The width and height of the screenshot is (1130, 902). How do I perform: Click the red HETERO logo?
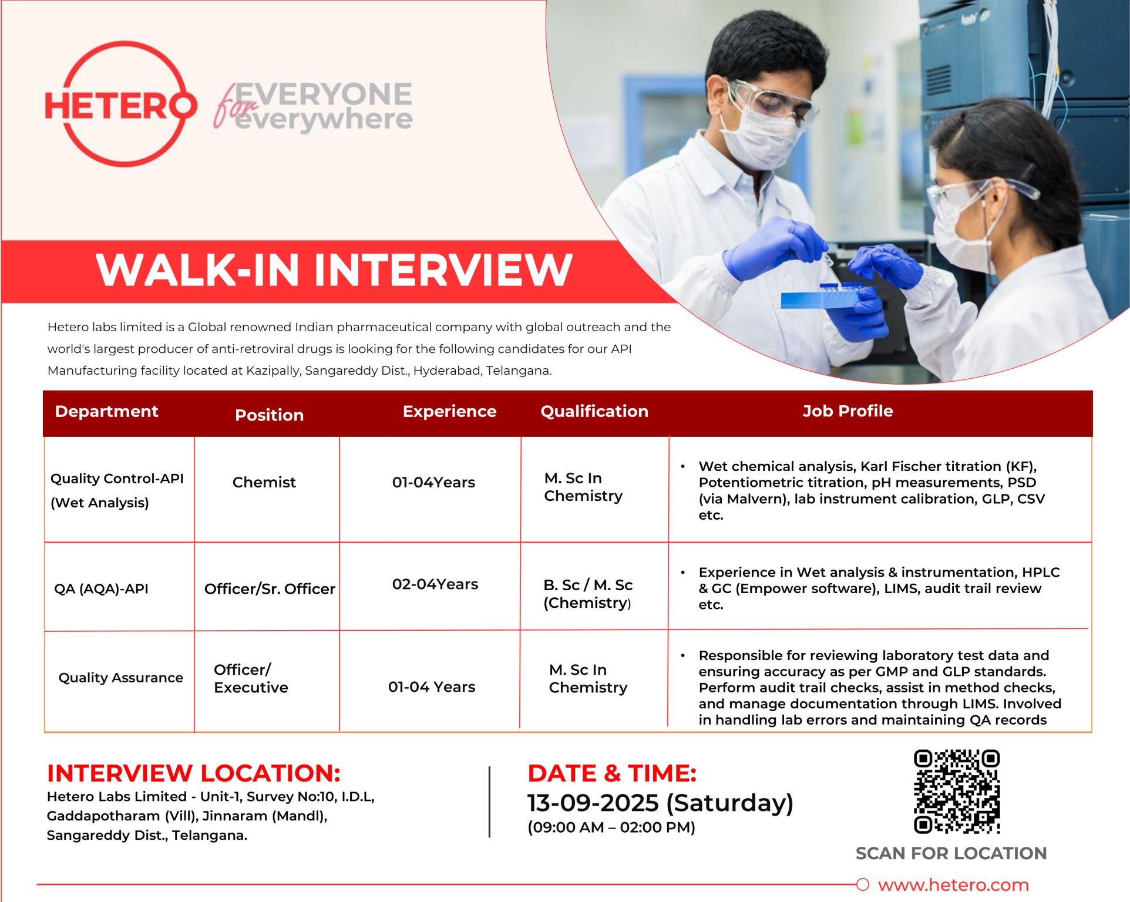pos(120,104)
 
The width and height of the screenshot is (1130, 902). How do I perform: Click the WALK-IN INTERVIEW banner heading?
pos(334,270)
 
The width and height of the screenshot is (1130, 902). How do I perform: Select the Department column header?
pos(106,411)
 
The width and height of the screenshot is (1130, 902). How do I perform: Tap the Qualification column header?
pos(594,411)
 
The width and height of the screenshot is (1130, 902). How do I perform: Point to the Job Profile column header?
pos(847,411)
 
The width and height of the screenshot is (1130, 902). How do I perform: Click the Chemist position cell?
pos(264,482)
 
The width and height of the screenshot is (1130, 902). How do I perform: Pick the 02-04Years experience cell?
pos(435,584)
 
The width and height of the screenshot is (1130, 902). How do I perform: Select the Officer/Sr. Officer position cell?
pos(270,588)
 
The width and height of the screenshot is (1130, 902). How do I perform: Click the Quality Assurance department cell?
pos(120,678)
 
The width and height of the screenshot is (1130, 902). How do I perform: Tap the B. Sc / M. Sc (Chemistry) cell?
pos(588,594)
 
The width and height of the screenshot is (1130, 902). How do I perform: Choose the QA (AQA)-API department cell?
pos(101,588)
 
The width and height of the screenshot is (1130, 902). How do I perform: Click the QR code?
pos(957,791)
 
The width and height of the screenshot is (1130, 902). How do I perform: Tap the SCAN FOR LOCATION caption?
pos(951,853)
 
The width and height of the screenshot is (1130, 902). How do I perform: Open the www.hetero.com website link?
pos(953,885)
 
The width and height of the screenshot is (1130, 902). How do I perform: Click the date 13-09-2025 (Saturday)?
pos(660,803)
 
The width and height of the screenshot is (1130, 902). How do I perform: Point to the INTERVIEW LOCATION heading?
pos(194,773)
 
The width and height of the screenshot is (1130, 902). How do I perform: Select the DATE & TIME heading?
pos(612,773)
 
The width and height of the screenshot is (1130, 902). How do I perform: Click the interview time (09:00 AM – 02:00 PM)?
pos(611,827)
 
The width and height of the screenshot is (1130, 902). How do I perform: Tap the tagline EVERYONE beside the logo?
pos(324,94)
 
